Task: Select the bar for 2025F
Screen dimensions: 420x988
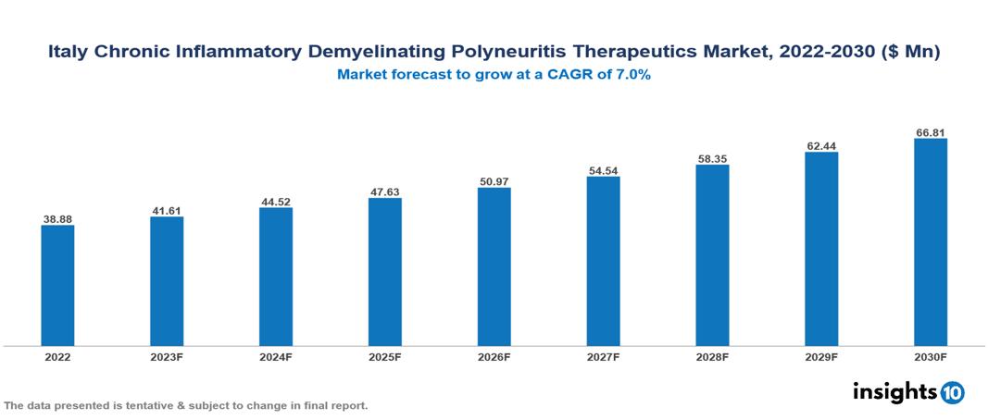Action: [x=385, y=272]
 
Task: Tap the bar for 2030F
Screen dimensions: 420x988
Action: [x=931, y=242]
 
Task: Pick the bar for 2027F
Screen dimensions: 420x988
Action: [x=603, y=262]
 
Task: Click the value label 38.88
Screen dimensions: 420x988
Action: [x=57, y=219]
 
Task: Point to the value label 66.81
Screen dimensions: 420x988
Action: [x=931, y=132]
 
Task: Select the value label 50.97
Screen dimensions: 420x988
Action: [x=494, y=181]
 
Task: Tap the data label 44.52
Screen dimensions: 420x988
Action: [x=276, y=201]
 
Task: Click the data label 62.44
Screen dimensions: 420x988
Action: [x=821, y=145]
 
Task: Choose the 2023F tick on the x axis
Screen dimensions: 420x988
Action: [x=167, y=357]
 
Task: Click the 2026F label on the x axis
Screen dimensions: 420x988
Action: [x=494, y=357]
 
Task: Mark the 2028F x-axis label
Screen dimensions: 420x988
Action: [x=712, y=357]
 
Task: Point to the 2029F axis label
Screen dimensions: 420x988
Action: [x=821, y=357]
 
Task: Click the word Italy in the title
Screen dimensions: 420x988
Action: [x=69, y=54]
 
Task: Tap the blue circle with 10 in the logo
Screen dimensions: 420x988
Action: [x=952, y=392]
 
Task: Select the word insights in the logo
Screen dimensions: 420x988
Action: [x=894, y=391]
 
